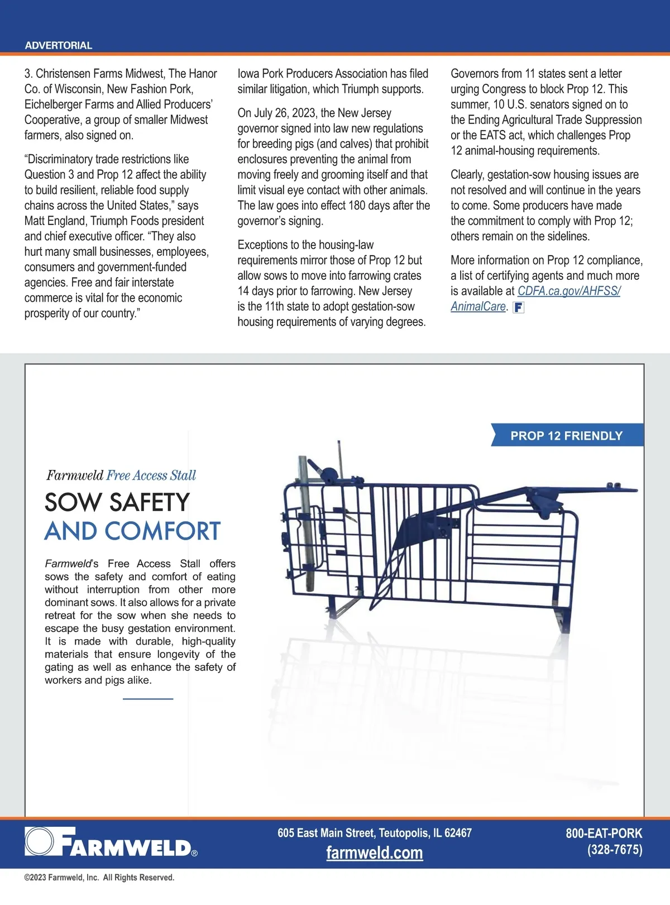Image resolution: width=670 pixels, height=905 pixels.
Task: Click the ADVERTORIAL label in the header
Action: pyautogui.click(x=59, y=45)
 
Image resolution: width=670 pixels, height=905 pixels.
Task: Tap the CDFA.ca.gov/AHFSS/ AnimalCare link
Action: pyautogui.click(x=568, y=291)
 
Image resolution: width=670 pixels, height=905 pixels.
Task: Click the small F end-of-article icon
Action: pyautogui.click(x=518, y=307)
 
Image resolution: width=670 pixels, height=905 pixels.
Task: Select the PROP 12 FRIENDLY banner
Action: pyautogui.click(x=566, y=436)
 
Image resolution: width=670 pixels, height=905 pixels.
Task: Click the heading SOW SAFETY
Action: pyautogui.click(x=117, y=502)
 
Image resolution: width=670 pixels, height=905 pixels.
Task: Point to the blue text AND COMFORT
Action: pyautogui.click(x=132, y=531)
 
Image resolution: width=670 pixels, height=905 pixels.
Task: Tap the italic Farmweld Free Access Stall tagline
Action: pyautogui.click(x=121, y=475)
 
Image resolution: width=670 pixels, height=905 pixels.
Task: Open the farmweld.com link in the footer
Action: pyautogui.click(x=374, y=853)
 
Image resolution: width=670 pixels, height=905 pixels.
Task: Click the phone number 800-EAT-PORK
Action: pyautogui.click(x=604, y=833)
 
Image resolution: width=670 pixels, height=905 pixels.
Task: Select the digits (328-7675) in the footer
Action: pyautogui.click(x=614, y=850)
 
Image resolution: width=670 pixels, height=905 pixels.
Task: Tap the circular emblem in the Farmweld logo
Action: pyautogui.click(x=39, y=842)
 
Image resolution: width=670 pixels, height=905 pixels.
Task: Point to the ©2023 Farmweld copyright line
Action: pyautogui.click(x=99, y=878)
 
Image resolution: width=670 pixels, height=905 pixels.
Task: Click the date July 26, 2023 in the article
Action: pyautogui.click(x=284, y=113)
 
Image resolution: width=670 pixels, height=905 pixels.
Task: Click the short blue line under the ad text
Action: pyautogui.click(x=148, y=699)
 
